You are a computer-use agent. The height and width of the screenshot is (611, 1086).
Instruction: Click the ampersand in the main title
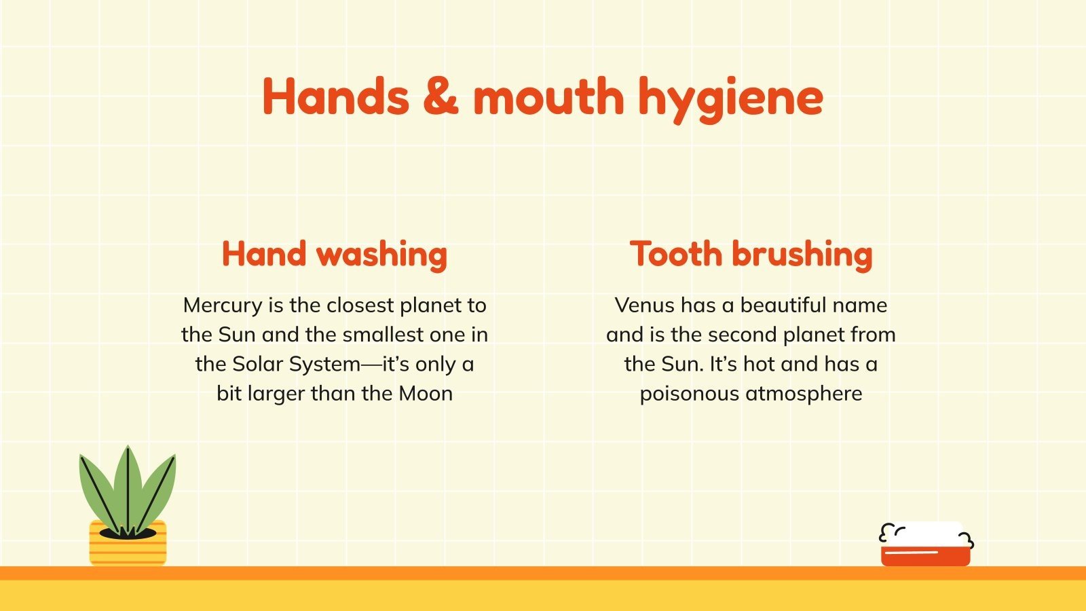click(441, 96)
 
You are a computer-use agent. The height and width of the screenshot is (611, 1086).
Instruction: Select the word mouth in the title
click(548, 96)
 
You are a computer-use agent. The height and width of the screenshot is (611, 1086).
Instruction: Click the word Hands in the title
click(335, 96)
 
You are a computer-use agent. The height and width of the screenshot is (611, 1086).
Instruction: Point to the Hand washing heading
click(334, 255)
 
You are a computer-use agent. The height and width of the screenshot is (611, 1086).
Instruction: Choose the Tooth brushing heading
click(751, 255)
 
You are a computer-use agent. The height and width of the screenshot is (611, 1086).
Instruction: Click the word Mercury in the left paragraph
click(223, 305)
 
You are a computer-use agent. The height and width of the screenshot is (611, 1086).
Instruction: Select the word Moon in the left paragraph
click(425, 394)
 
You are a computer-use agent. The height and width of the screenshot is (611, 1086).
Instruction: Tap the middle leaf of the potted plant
click(128, 485)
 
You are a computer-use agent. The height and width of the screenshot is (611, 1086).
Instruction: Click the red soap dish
click(925, 555)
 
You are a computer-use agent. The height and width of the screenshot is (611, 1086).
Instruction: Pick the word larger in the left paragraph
click(276, 394)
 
